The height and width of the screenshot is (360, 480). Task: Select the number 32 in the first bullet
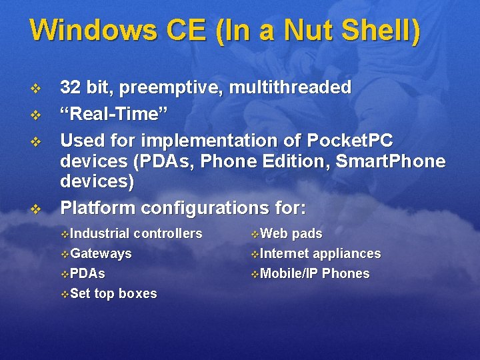pos(70,87)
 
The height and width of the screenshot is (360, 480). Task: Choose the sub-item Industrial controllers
pos(136,233)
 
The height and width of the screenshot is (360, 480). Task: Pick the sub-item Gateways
pos(101,253)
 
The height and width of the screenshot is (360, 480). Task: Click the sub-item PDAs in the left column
pos(87,273)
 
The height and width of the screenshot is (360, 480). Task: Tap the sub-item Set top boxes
pos(113,293)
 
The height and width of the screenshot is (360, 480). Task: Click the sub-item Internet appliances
pos(320,253)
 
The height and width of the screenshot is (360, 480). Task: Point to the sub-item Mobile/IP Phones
pos(315,273)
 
